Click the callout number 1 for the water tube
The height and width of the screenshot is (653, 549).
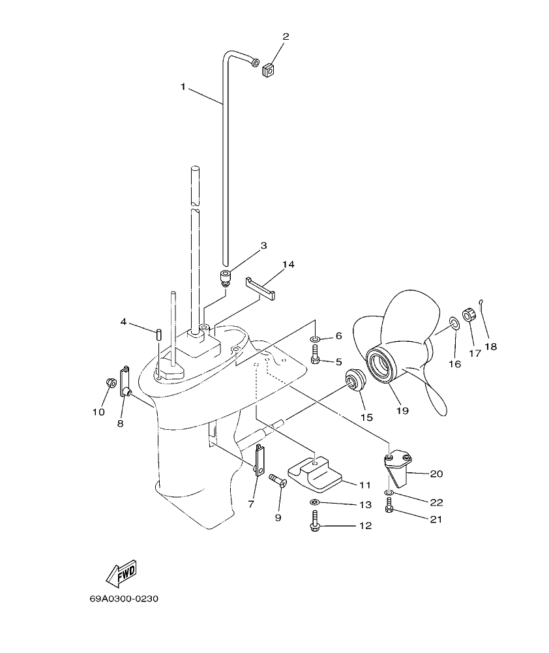pyautogui.click(x=183, y=85)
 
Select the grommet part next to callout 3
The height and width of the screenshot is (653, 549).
pyautogui.click(x=226, y=279)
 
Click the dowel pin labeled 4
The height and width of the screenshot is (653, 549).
pyautogui.click(x=158, y=334)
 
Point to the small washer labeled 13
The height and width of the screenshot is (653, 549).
pyautogui.click(x=315, y=502)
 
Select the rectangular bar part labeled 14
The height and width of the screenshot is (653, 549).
pyautogui.click(x=261, y=288)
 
